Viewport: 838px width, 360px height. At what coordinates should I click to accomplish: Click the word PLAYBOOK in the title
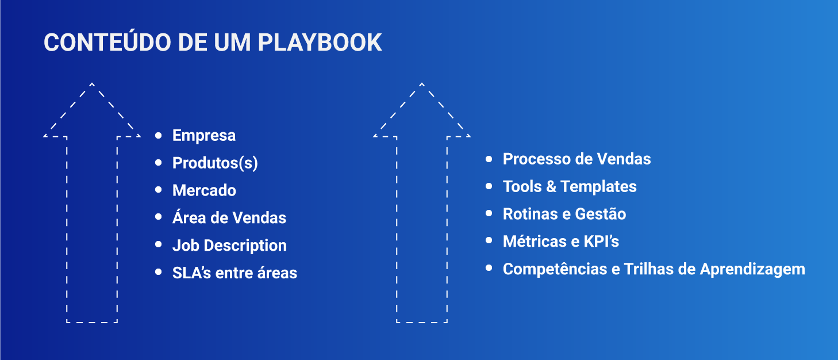(x=320, y=43)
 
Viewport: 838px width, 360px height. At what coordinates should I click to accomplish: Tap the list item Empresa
(x=204, y=136)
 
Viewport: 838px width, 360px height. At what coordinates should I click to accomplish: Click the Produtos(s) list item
(x=215, y=163)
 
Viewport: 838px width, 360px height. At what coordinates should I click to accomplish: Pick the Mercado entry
(x=204, y=190)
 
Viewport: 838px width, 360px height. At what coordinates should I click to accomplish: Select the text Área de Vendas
(x=229, y=218)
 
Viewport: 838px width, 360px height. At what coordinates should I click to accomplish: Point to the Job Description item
(x=229, y=246)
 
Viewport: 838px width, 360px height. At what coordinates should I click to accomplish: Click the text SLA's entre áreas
(x=235, y=273)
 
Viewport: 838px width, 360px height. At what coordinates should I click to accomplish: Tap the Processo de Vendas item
(x=576, y=159)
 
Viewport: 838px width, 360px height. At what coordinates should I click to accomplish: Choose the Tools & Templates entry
(x=570, y=187)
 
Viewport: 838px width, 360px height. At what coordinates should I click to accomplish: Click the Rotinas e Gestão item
(x=564, y=215)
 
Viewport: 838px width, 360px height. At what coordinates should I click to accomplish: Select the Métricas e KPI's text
(x=561, y=242)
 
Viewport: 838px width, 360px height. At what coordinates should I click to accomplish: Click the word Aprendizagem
(x=752, y=270)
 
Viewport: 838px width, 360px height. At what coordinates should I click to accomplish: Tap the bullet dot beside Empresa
(x=159, y=136)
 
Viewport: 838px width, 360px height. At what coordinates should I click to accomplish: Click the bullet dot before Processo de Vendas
(x=489, y=159)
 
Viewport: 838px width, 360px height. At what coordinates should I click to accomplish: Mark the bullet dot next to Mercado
(x=159, y=190)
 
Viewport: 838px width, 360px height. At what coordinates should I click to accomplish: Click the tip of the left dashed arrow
(x=92, y=84)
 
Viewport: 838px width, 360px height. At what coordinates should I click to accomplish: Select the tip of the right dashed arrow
(x=422, y=84)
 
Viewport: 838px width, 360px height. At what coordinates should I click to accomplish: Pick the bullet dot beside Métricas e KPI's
(x=489, y=241)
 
